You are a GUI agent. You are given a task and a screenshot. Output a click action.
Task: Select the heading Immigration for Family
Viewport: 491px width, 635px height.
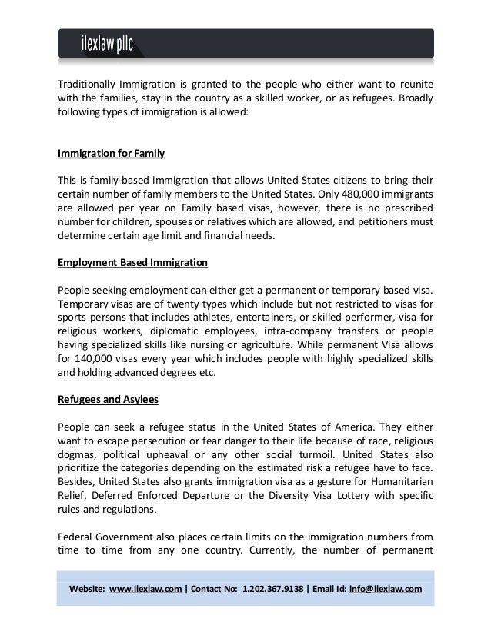(112, 153)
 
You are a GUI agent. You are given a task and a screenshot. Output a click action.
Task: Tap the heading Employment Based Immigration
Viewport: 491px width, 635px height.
(133, 262)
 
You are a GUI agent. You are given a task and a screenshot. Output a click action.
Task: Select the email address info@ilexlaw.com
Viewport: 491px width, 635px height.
(385, 590)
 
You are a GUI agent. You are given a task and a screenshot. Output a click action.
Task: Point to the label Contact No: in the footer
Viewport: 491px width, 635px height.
(215, 590)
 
